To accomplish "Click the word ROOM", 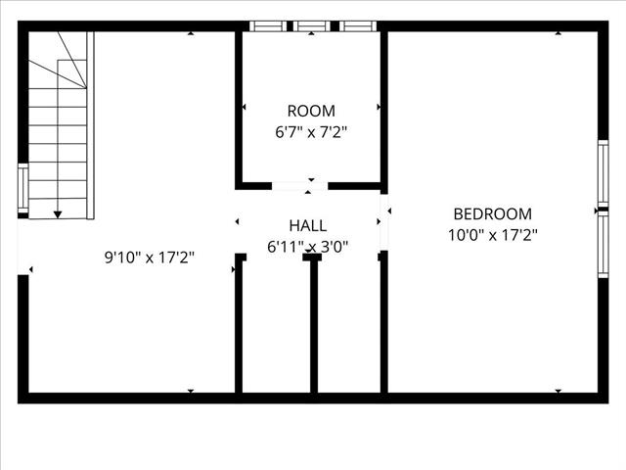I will (311, 111).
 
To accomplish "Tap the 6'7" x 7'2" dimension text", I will (311, 131).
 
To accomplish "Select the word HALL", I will (308, 226).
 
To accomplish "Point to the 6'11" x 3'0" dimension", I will (308, 248).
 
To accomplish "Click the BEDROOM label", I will (492, 213).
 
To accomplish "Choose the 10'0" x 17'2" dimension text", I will (492, 235).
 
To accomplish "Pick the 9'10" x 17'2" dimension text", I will (150, 258).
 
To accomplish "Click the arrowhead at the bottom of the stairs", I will (59, 212).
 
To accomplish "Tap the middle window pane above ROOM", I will (311, 26).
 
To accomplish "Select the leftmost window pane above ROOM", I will (266, 26).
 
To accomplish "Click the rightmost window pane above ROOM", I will (356, 26).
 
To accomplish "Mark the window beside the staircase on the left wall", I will (22, 189).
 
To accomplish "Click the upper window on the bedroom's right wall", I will (604, 173).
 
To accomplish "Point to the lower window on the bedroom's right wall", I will (604, 245).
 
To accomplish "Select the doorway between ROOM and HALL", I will (299, 185).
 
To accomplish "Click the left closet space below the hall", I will (276, 328).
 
